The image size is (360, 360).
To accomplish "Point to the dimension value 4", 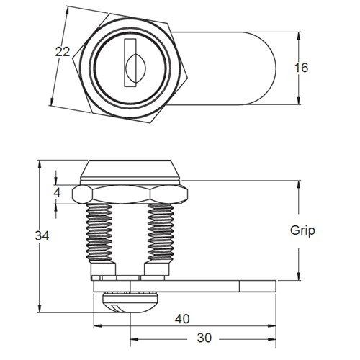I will click(57, 193).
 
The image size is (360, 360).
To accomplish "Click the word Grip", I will click(302, 231).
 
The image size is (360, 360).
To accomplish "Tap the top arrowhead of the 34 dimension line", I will click(36, 163).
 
